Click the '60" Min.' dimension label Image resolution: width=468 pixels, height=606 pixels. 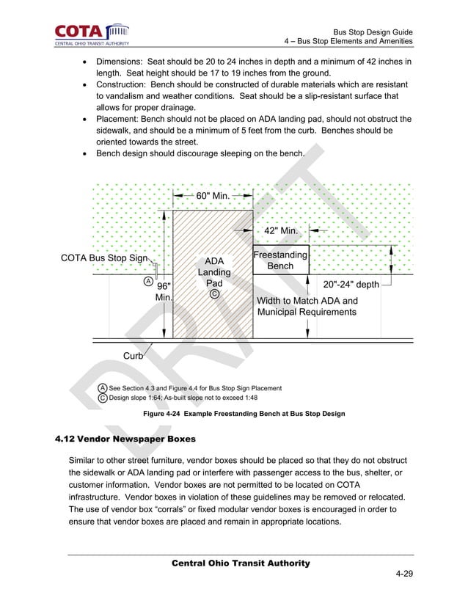coord(212,196)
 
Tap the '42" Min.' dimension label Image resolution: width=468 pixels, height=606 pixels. coord(280,231)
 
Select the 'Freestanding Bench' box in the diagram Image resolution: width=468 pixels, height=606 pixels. coord(280,260)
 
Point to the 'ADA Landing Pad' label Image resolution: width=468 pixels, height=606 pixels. coord(214,272)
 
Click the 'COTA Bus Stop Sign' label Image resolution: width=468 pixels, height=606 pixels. coord(104,258)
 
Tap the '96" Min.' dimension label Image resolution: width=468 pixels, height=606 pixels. coord(164,292)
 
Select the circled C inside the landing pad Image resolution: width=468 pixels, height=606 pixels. coord(214,294)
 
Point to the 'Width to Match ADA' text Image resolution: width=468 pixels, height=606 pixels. coord(307,301)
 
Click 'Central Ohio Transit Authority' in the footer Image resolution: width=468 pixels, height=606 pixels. coord(241,563)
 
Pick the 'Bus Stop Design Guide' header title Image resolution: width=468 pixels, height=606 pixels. coord(373,32)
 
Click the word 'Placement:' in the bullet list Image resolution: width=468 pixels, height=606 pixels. coord(121,119)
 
